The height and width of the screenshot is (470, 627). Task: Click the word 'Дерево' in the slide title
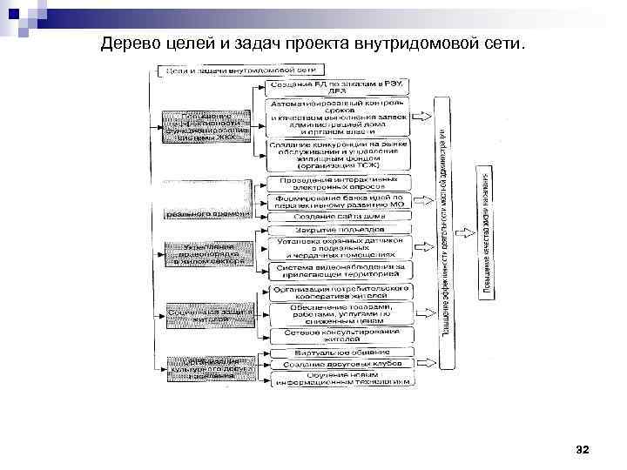point(126,43)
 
